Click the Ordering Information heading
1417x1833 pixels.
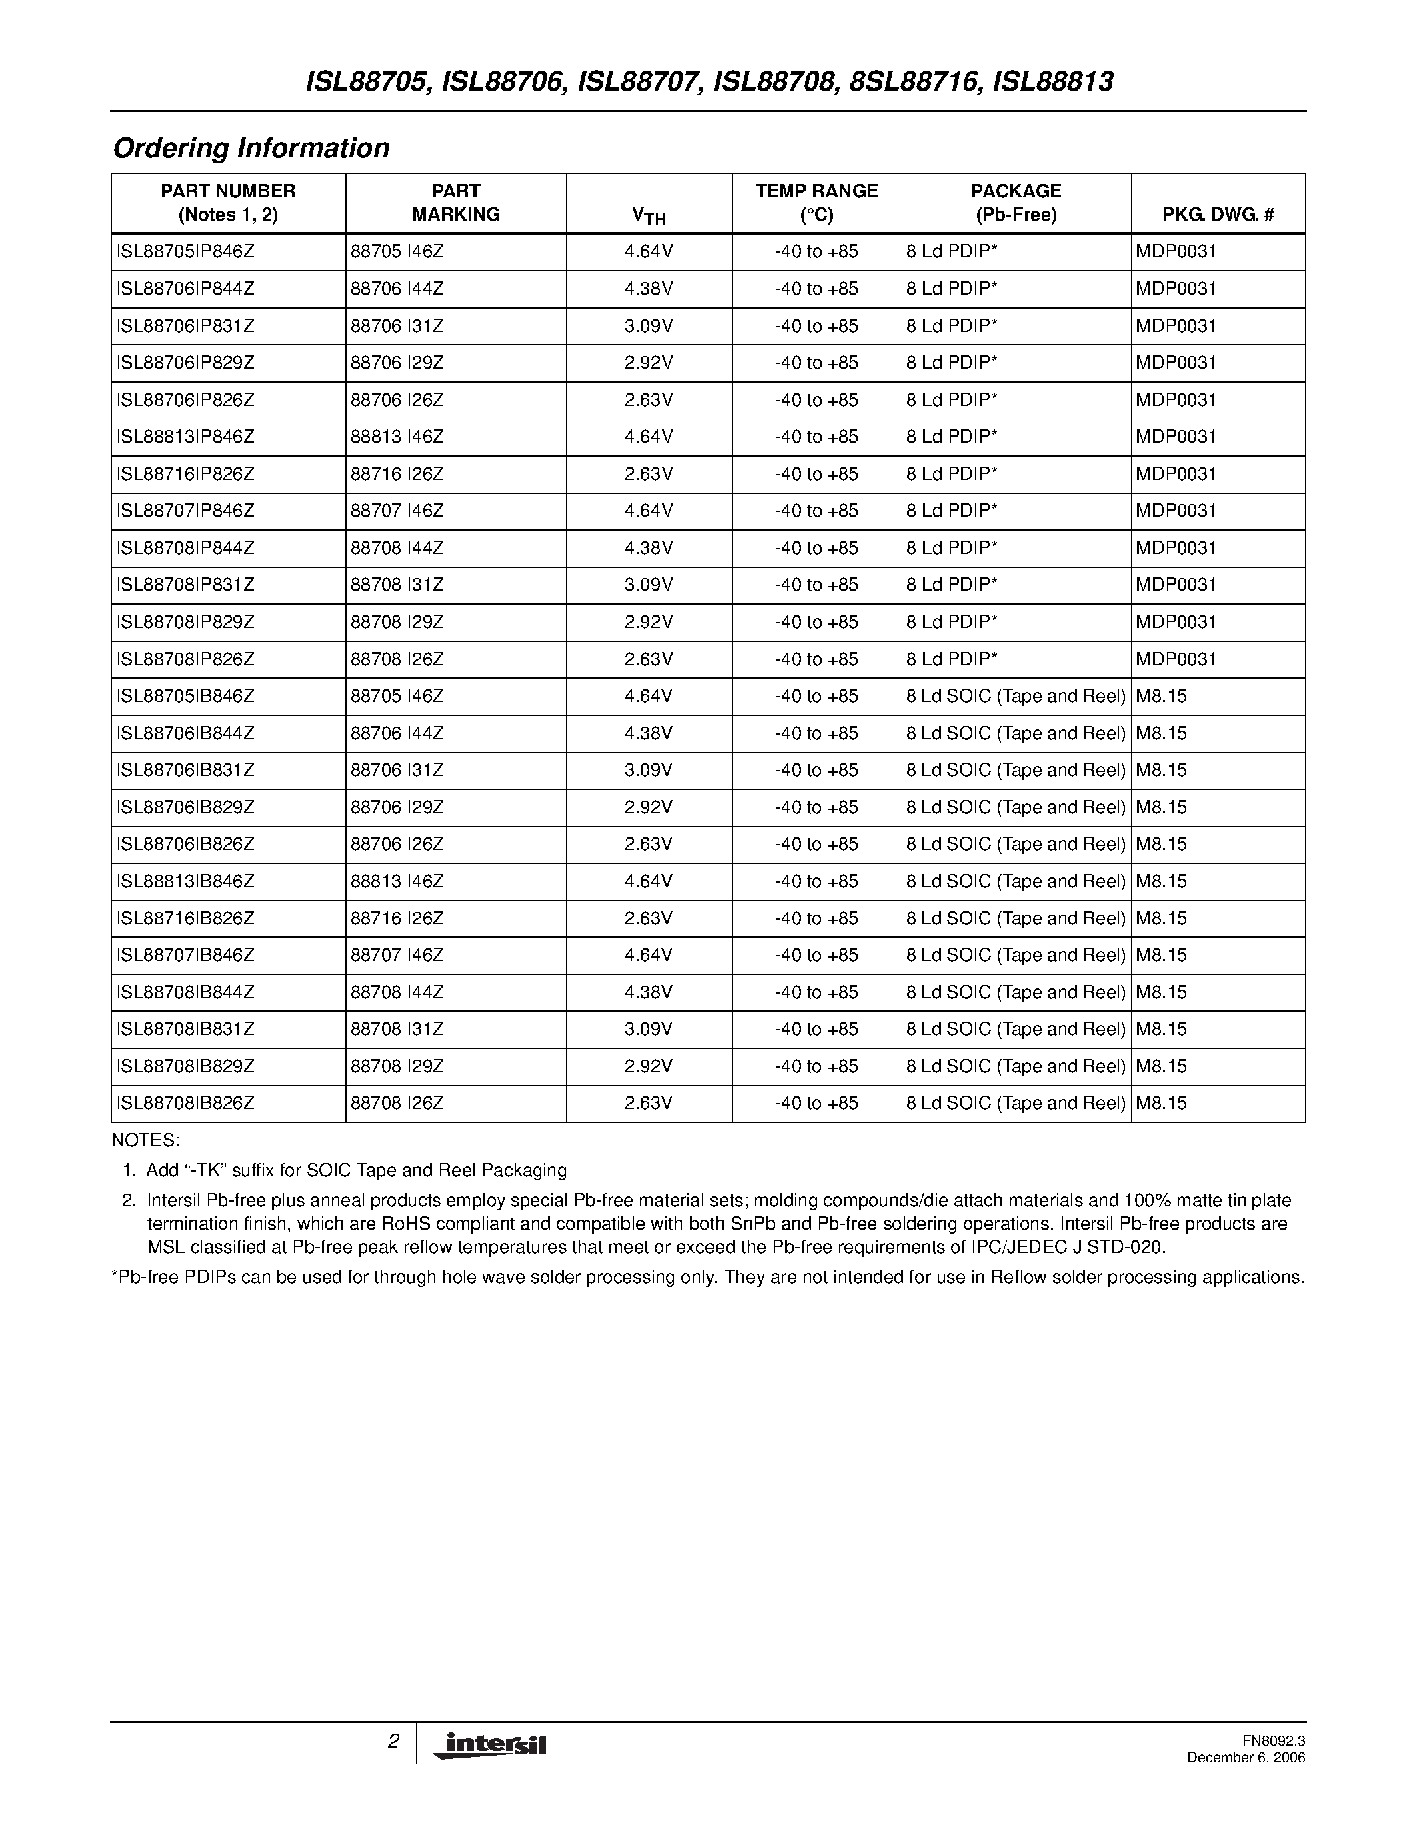coord(251,149)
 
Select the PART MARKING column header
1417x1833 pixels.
coord(456,203)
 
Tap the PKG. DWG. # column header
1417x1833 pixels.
coord(1218,215)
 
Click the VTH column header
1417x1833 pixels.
coord(649,217)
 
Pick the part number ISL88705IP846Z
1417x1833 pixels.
coord(185,252)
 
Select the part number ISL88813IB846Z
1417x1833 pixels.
coord(185,881)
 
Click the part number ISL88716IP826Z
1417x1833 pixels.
coord(185,474)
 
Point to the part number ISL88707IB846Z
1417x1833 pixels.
coord(185,955)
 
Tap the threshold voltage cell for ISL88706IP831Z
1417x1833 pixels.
coord(649,326)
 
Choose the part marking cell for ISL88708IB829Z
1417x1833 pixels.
coord(397,1066)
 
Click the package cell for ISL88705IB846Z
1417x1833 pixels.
coord(1015,696)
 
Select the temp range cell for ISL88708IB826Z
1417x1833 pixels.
coord(816,1104)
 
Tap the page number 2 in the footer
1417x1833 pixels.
coord(393,1742)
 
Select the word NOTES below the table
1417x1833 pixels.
coord(145,1140)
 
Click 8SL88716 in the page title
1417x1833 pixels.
coord(914,81)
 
